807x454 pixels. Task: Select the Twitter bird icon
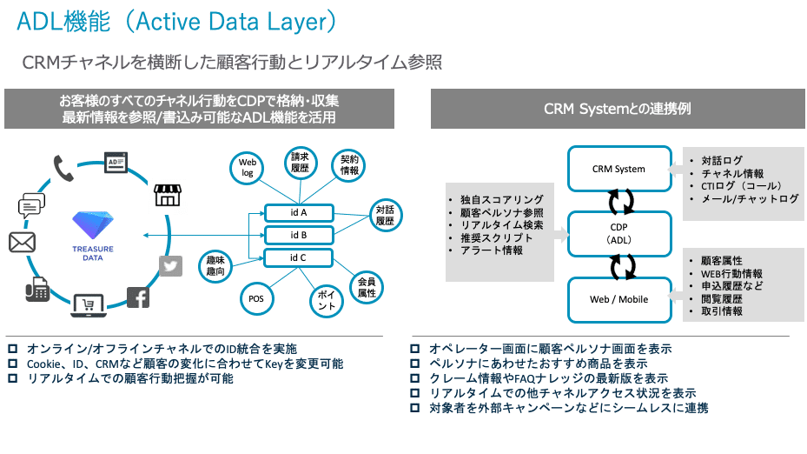[171, 266]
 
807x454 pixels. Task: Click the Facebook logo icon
[138, 298]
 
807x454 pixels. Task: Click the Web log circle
[247, 168]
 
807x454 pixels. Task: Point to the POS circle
[255, 299]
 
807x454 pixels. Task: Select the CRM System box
[618, 169]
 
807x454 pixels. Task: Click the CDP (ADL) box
[618, 233]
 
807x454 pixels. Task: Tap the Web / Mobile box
[618, 299]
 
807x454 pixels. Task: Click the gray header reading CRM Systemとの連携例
[617, 110]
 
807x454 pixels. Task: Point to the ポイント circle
[326, 302]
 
